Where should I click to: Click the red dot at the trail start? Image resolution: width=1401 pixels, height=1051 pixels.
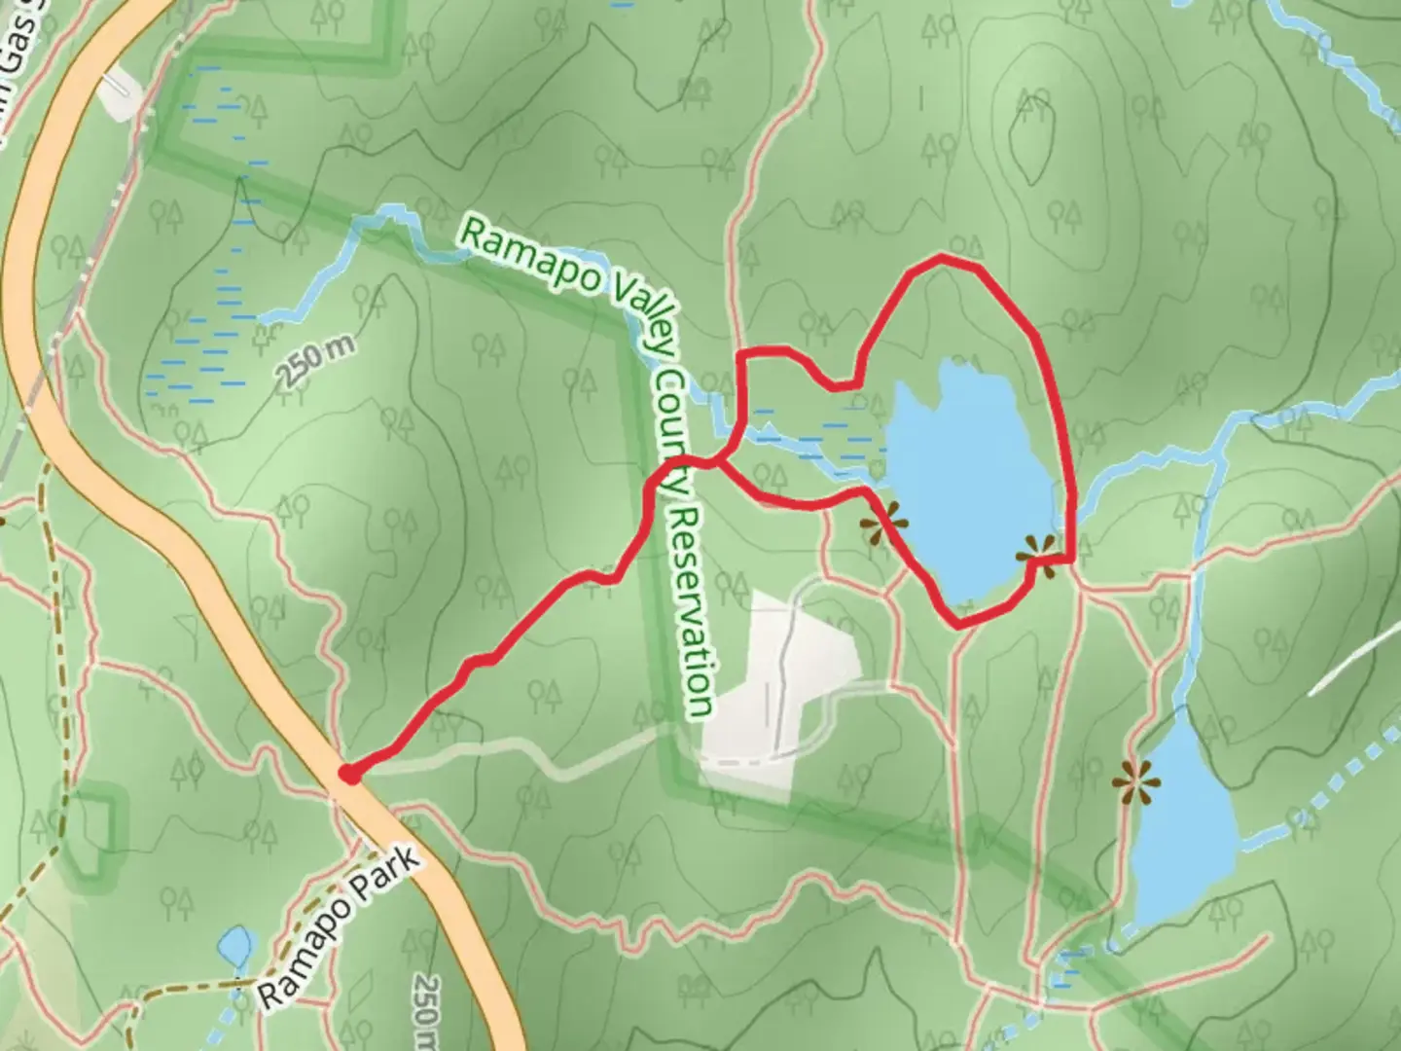click(346, 774)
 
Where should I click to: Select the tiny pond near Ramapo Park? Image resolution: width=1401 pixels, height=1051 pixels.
click(234, 945)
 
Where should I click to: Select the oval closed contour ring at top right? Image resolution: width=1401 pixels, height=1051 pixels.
click(1031, 136)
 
